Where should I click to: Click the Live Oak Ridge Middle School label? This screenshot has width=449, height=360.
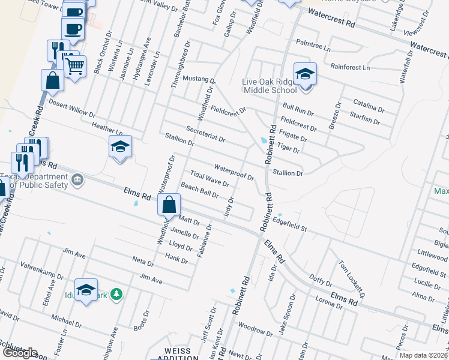point(270,86)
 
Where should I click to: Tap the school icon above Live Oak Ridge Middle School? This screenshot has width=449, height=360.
point(305,74)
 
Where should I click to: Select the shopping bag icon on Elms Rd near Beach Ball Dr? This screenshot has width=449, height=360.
point(169,205)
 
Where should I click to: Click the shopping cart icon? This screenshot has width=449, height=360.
point(75,66)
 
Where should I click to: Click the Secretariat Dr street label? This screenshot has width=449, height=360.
point(205,134)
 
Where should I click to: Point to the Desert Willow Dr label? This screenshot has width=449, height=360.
point(72,109)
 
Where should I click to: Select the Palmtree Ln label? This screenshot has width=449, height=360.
point(313,46)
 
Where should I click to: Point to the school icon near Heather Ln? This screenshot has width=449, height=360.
point(120,146)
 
